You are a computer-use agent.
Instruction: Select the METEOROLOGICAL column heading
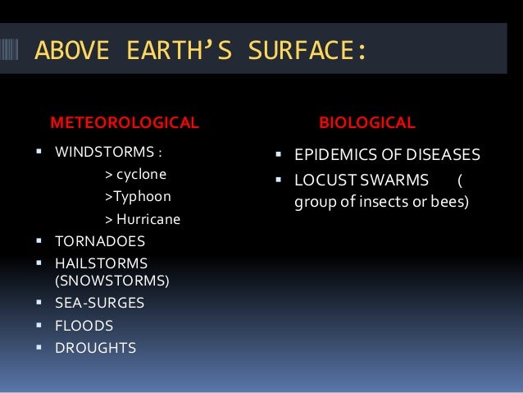(x=125, y=123)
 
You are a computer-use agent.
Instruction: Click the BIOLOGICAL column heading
(x=366, y=123)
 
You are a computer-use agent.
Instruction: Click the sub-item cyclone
(x=141, y=174)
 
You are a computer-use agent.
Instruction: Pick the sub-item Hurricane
(x=148, y=220)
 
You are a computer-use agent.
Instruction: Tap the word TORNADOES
(x=99, y=242)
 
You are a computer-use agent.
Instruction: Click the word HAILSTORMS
(x=101, y=263)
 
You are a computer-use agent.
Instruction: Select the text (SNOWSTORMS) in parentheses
(x=111, y=281)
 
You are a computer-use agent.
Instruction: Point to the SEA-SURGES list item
(x=99, y=303)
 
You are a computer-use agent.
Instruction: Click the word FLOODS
(x=84, y=326)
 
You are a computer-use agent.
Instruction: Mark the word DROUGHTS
(x=95, y=348)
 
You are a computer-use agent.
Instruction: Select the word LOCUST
(x=322, y=180)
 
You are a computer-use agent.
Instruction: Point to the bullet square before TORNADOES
(x=40, y=242)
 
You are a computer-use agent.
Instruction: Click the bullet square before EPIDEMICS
(x=279, y=154)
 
